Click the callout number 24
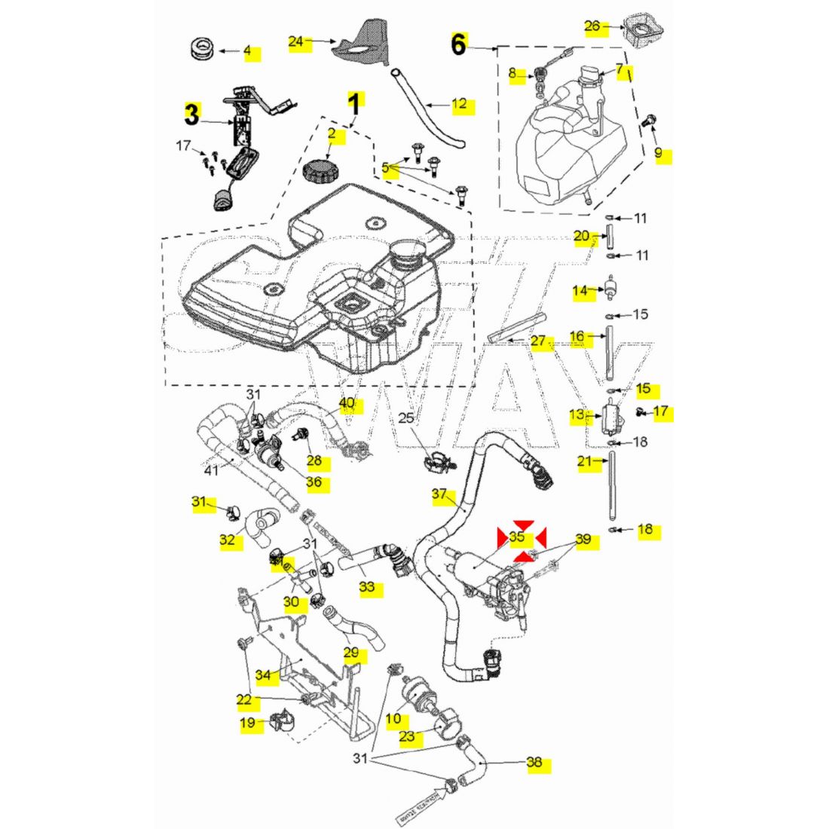(295, 42)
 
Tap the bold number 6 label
(459, 45)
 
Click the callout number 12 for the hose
(459, 105)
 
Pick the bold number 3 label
(192, 115)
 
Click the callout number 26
(592, 27)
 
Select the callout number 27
(538, 341)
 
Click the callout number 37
(439, 495)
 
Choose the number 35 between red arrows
(517, 537)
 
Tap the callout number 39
(583, 540)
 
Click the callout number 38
(534, 763)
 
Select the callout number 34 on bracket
(262, 675)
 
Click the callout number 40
(347, 403)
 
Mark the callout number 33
(366, 586)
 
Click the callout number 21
(585, 461)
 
